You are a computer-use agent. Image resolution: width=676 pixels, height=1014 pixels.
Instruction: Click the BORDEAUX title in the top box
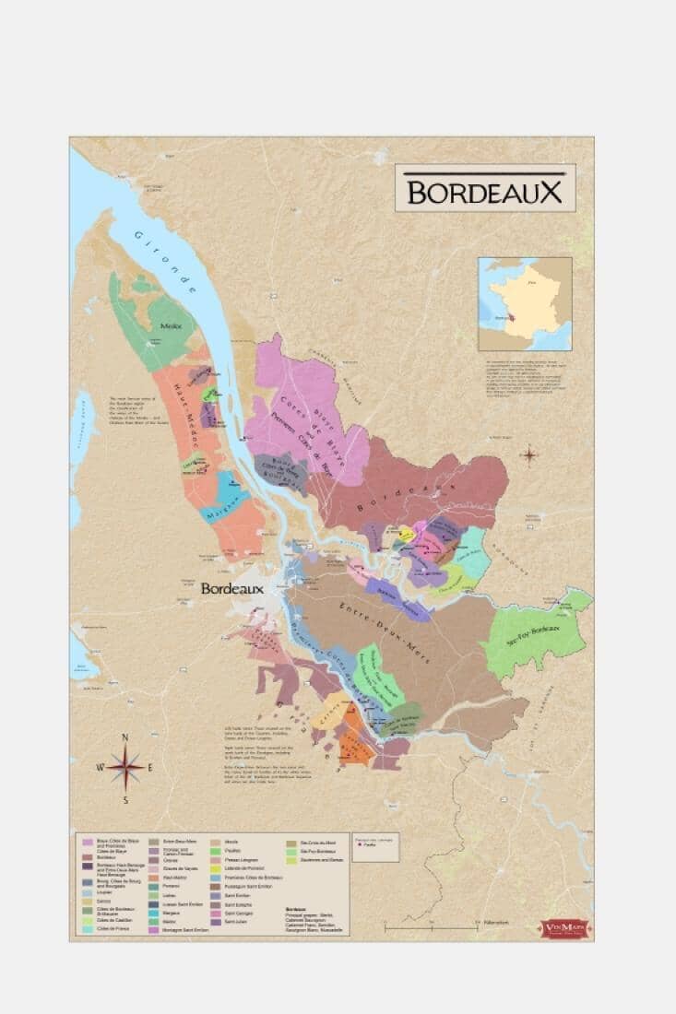click(484, 191)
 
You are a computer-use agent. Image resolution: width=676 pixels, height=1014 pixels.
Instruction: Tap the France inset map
click(524, 303)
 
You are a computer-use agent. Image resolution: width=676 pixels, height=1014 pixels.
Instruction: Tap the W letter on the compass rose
click(101, 766)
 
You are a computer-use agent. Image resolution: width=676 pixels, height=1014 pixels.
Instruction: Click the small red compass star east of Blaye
click(529, 454)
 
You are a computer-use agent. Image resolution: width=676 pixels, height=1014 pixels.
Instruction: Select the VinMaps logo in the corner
click(565, 926)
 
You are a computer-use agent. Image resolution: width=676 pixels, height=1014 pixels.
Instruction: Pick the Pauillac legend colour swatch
click(216, 851)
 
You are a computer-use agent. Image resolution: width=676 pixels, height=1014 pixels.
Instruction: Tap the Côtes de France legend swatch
click(88, 929)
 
